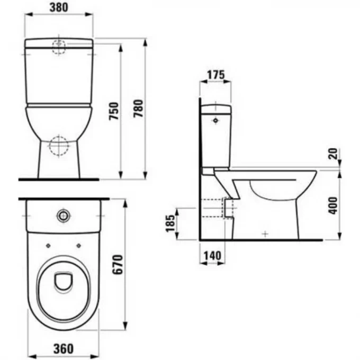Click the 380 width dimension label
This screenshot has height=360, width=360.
coord(59,8)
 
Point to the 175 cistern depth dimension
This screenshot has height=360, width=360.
coord(214,75)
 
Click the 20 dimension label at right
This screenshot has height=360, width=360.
coord(332,155)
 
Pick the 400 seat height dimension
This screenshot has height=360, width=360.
coord(332,205)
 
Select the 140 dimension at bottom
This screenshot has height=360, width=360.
coord(211,256)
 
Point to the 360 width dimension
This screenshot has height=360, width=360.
coord(63,349)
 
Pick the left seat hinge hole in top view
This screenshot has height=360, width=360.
coord(48,245)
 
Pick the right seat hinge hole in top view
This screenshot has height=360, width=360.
coord(78,245)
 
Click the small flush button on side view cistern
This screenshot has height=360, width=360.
coord(214,121)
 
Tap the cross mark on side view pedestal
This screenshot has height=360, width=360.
coord(265,233)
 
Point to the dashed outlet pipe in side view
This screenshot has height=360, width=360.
coord(215,208)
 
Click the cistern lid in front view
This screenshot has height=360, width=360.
coord(59,42)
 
